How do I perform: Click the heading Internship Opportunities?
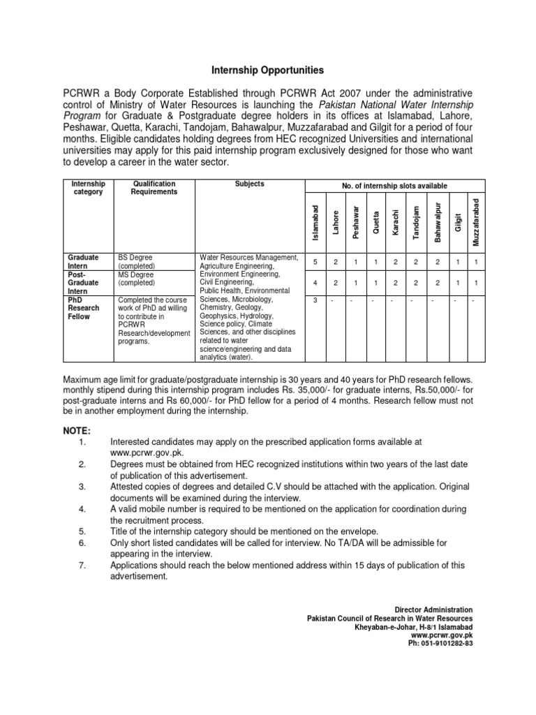coord(268,71)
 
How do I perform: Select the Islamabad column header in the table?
coord(315,223)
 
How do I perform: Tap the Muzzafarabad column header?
coord(476,222)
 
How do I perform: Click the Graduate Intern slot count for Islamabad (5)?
coord(315,261)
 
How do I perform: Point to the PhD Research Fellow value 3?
coord(315,300)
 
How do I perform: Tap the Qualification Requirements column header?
coord(154,188)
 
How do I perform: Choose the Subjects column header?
coord(249,184)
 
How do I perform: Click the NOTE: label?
coord(77,431)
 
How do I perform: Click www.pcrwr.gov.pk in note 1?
coord(144,452)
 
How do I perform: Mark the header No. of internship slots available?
coord(394,186)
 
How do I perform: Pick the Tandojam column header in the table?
coord(416,223)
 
